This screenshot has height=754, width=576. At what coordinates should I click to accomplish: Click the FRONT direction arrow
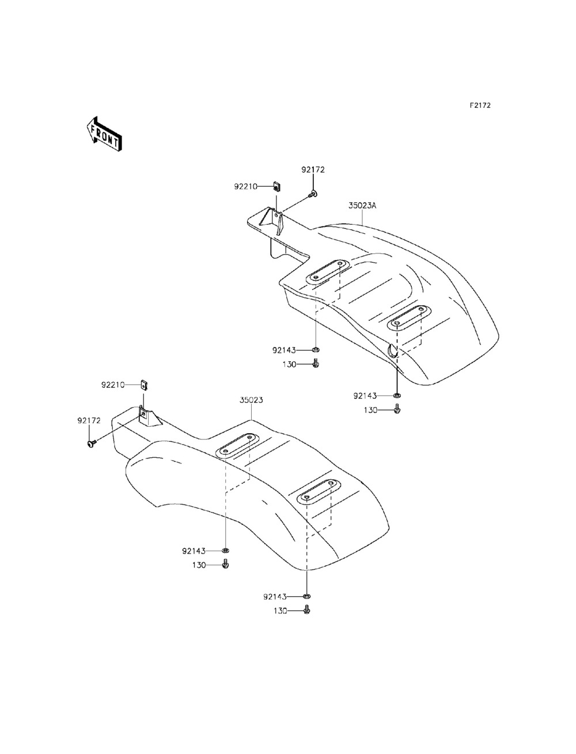click(104, 134)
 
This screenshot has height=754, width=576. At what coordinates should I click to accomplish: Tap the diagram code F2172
click(480, 105)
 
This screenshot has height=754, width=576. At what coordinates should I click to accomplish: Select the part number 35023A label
click(362, 206)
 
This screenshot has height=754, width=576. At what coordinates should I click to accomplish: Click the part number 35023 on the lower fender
click(251, 400)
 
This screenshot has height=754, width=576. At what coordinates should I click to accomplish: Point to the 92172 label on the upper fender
click(313, 170)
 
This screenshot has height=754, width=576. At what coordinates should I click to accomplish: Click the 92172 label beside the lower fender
click(89, 420)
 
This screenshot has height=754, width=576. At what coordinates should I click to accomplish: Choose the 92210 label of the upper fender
click(245, 187)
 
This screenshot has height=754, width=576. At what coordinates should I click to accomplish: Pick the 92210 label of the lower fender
click(113, 385)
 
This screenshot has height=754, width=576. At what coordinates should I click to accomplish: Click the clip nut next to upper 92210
click(276, 187)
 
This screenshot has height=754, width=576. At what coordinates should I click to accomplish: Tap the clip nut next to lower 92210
click(144, 385)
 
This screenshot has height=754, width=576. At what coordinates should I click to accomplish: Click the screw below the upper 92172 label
click(313, 195)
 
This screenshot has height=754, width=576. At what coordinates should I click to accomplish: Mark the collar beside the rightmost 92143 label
click(397, 396)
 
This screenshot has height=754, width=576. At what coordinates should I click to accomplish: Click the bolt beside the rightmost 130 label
click(397, 410)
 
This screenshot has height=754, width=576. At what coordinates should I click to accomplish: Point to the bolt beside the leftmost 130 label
click(226, 564)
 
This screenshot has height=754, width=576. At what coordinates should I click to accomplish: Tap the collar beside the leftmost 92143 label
click(226, 551)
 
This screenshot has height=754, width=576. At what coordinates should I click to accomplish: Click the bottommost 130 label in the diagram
click(281, 611)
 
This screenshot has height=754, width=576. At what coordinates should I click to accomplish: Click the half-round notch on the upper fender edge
click(391, 351)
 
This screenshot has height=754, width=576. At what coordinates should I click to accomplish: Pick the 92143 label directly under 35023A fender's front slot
click(284, 350)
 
